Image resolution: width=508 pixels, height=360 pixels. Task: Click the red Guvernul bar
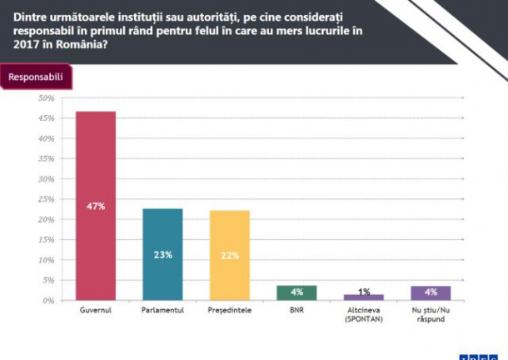pyautogui.click(x=95, y=167)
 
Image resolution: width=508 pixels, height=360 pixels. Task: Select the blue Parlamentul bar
pyautogui.click(x=162, y=233)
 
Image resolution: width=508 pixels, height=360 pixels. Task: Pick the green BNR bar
pyautogui.click(x=296, y=292)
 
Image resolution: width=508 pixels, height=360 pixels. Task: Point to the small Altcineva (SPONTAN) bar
pyautogui.click(x=364, y=297)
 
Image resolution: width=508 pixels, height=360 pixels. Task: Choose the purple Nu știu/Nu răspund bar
pyautogui.click(x=431, y=292)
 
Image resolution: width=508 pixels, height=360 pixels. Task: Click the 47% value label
pyautogui.click(x=96, y=206)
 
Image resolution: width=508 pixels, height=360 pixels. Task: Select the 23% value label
pyautogui.click(x=162, y=254)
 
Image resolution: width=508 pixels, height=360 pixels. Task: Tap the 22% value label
pyautogui.click(x=229, y=254)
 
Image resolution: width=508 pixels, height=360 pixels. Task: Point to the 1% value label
pyautogui.click(x=364, y=290)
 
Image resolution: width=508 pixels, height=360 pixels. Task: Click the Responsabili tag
pyautogui.click(x=35, y=77)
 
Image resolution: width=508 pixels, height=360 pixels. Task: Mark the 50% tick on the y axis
pyautogui.click(x=46, y=98)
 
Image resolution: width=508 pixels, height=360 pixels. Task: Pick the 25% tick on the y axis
pyautogui.click(x=46, y=199)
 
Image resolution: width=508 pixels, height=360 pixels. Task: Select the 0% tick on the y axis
pyautogui.click(x=48, y=300)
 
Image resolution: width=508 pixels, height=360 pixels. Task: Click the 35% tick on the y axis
pyautogui.click(x=46, y=158)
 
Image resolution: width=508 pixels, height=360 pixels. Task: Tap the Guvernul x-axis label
pyautogui.click(x=95, y=311)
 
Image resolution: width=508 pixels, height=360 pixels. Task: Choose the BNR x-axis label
pyautogui.click(x=296, y=311)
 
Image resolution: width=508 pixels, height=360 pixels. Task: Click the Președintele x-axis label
pyautogui.click(x=229, y=311)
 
